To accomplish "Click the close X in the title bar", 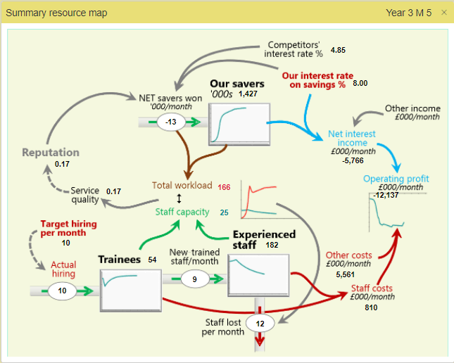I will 443,13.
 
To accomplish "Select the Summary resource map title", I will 56,13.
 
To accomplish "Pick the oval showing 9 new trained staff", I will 194,279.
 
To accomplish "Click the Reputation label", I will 50,152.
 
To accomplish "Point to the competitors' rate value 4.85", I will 338,51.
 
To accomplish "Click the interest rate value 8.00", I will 360,84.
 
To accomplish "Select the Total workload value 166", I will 225,186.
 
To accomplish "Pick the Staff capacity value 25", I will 225,212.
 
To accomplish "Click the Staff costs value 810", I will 371,307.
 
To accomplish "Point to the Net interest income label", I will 352,138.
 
